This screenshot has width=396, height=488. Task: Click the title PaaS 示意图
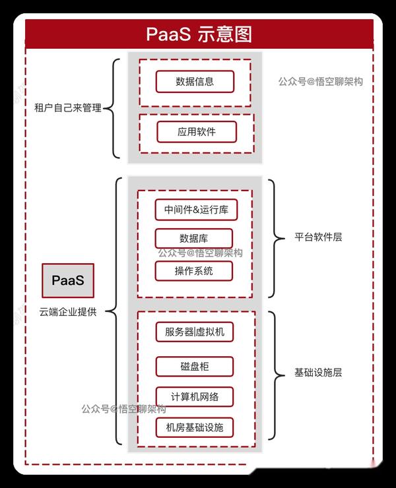198,34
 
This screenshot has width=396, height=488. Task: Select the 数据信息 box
195,82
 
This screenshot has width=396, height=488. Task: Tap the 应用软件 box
196,131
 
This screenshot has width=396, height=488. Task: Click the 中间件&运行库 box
196,210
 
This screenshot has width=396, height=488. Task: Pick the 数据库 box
194,238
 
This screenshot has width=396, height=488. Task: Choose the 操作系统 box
194,271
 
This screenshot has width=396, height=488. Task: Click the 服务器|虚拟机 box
195,331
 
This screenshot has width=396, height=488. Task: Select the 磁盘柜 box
195,366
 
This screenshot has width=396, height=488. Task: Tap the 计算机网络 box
195,396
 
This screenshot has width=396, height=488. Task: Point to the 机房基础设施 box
195,427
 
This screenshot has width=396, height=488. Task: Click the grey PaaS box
68,280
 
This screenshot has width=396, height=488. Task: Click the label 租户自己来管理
68,107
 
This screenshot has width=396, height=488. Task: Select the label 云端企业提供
68,312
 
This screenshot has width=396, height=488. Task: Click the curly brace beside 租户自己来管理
114,107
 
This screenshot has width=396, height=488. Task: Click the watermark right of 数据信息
320,82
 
